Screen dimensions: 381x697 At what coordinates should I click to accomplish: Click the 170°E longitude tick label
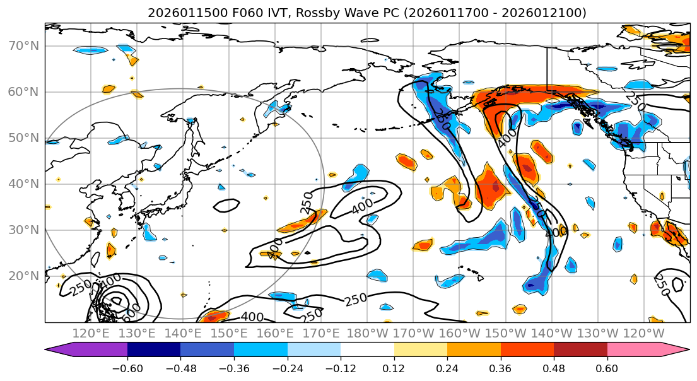[x=322, y=333]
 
